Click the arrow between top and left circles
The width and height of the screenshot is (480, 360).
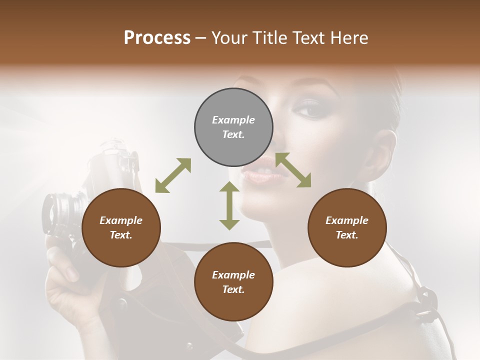pyautogui.click(x=173, y=175)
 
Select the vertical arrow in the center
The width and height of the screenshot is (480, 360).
pyautogui.click(x=229, y=205)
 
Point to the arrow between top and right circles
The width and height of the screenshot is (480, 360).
pyautogui.click(x=293, y=170)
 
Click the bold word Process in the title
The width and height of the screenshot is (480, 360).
pyautogui.click(x=157, y=37)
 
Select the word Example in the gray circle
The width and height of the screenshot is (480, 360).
pyautogui.click(x=233, y=120)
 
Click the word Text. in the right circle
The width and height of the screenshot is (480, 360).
pyautogui.click(x=347, y=235)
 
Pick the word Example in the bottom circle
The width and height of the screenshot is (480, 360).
pyautogui.click(x=233, y=275)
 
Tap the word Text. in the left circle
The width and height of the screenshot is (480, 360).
pyautogui.click(x=121, y=235)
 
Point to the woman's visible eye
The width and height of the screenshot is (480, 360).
pyautogui.click(x=310, y=108)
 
